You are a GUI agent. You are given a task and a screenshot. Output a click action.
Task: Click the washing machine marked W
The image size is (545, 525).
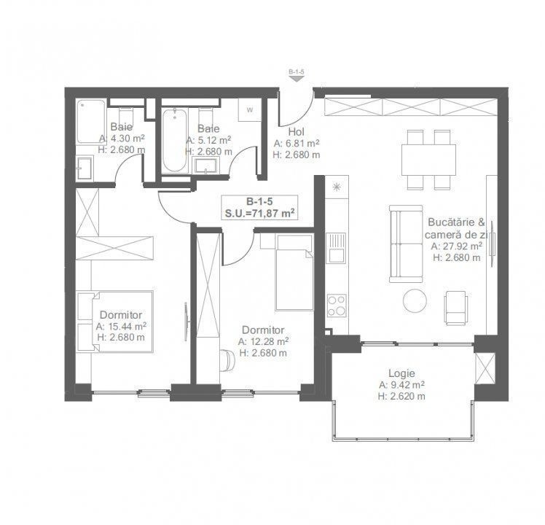[x=250, y=110]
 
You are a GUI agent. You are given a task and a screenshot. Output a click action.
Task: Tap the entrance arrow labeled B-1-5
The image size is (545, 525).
[x=297, y=79]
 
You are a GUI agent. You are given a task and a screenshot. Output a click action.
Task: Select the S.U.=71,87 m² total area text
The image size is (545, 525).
[x=259, y=213]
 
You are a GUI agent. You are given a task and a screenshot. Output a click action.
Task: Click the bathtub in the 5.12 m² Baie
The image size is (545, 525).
[x=174, y=140]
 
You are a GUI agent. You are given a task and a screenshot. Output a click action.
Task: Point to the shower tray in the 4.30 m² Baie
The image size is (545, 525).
[x=91, y=122]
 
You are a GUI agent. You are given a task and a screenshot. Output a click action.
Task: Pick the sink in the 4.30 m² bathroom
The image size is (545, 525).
[x=85, y=168]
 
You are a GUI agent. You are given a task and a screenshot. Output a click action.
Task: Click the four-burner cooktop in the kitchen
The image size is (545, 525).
[x=337, y=306]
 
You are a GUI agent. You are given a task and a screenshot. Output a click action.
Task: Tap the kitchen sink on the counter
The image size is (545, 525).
[x=336, y=247]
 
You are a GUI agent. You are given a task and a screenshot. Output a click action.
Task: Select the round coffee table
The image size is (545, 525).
[x=415, y=300]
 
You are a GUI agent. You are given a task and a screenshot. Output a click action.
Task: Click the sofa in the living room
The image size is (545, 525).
[x=406, y=244]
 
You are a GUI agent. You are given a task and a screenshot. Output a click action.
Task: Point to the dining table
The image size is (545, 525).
[x=428, y=160]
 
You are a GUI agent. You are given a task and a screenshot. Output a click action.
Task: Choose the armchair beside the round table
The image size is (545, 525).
[x=455, y=307]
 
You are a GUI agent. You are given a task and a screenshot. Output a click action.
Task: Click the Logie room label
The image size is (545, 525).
[x=401, y=373]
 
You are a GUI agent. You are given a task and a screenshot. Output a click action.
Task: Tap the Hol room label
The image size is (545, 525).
[x=296, y=132]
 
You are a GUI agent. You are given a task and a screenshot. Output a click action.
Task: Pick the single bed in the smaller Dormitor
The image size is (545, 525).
[x=294, y=272]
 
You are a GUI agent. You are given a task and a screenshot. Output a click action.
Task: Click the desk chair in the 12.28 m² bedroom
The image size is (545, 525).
[x=227, y=359]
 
